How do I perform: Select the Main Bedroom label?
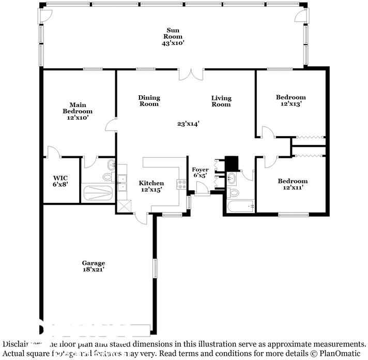(x=78, y=108)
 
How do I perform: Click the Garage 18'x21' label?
(x=93, y=266)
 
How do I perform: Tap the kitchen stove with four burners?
(x=181, y=184)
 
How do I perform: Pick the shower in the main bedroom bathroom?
(x=98, y=193)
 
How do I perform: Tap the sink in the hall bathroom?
(x=232, y=179)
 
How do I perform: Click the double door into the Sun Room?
(x=191, y=74)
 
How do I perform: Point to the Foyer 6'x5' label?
(x=201, y=172)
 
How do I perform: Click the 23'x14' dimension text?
(x=188, y=124)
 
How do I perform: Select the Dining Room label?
(x=149, y=101)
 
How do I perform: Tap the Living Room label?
(x=221, y=101)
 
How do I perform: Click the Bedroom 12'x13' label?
(x=290, y=100)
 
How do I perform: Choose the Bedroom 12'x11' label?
(x=293, y=184)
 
